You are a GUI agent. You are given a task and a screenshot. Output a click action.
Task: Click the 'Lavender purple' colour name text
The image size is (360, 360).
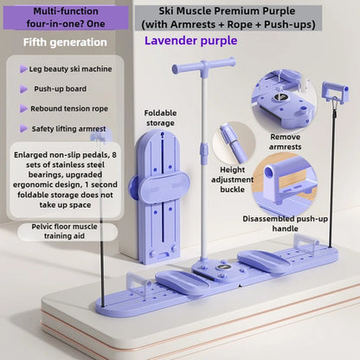click(x=190, y=41)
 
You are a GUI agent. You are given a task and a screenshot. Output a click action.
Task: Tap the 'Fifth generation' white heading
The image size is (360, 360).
click(x=65, y=42)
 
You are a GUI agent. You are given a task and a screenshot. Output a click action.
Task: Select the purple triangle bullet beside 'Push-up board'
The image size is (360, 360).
click(x=23, y=89)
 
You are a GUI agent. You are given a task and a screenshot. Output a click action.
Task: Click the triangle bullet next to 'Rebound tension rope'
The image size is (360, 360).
click(x=23, y=109)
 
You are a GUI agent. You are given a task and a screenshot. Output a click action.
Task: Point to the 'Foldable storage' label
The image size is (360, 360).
click(x=160, y=118)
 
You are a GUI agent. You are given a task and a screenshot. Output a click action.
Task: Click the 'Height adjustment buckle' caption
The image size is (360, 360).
click(x=232, y=179)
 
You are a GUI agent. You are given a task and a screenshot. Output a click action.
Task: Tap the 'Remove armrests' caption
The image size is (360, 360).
click(x=285, y=142)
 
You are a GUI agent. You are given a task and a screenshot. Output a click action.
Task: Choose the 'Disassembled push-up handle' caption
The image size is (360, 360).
click(x=285, y=223)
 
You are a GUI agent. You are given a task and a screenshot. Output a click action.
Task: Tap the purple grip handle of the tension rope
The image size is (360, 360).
click(x=335, y=92)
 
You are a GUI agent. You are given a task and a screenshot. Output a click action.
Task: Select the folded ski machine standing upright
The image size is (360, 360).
click(x=159, y=196)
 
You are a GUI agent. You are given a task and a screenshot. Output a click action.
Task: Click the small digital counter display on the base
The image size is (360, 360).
click(x=222, y=268)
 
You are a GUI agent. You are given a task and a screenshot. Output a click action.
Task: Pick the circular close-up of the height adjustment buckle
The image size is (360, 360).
click(x=234, y=143)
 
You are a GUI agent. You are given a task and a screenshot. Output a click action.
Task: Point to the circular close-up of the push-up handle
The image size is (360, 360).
click(x=284, y=184)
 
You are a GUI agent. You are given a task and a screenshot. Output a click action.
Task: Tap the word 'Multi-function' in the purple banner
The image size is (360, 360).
click(x=66, y=11)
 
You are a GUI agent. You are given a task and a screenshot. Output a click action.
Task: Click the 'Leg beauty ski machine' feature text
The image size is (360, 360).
click(x=70, y=69)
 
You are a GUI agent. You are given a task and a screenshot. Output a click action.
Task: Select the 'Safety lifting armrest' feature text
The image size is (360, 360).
click(x=68, y=129)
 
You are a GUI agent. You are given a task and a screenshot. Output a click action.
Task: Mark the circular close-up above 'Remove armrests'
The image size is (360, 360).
click(x=284, y=100)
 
